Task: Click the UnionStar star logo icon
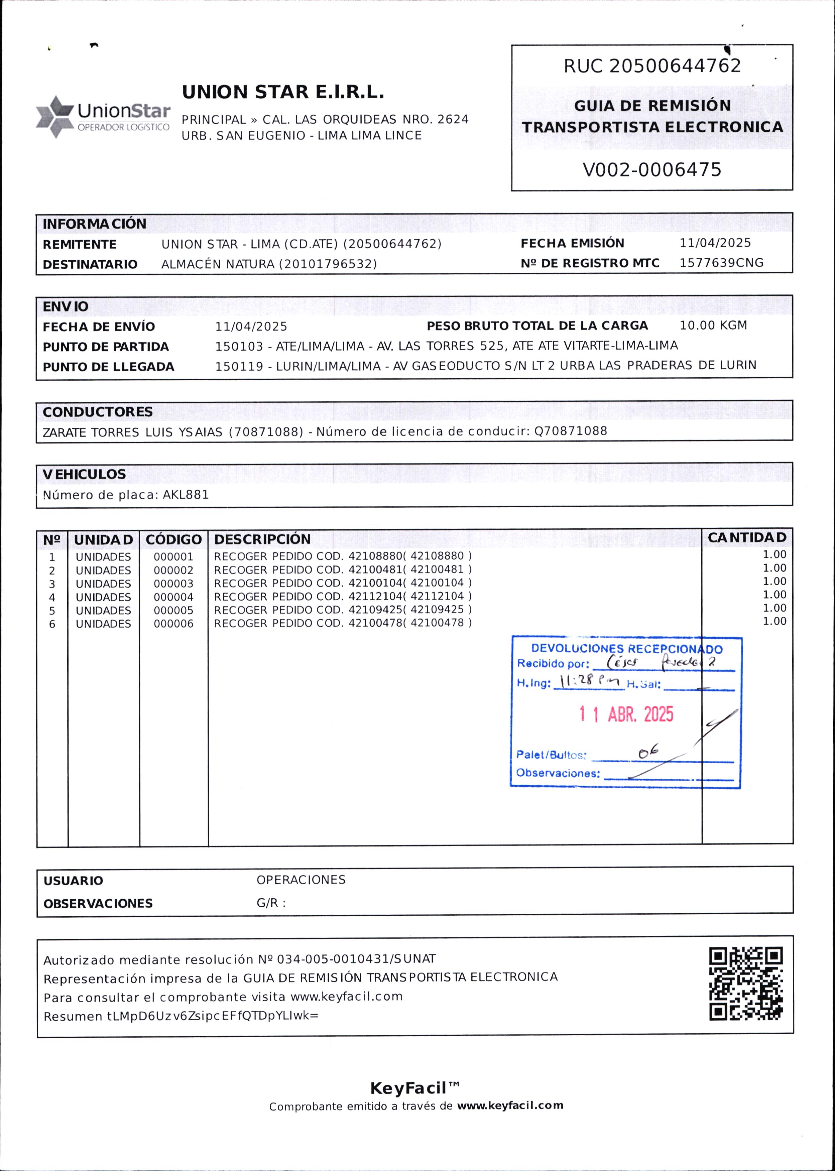click(54, 116)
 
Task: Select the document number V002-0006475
click(651, 170)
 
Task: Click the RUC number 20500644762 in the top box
click(675, 66)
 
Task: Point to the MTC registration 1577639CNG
click(721, 263)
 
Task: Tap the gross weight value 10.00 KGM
click(713, 326)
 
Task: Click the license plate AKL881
click(186, 495)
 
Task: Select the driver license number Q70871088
click(571, 431)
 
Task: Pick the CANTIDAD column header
click(746, 537)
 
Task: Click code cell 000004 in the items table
click(173, 597)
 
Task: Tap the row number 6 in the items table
click(52, 624)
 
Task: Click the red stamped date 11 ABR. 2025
click(626, 714)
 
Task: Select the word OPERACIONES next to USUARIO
click(301, 880)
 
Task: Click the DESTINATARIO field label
click(90, 264)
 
